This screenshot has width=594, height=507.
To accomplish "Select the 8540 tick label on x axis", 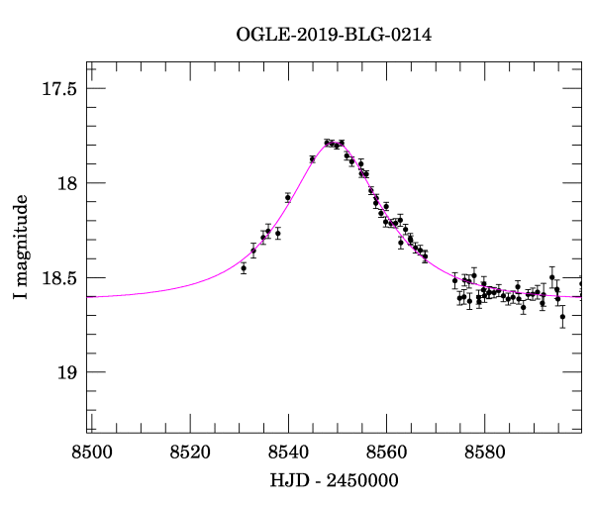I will [288, 453].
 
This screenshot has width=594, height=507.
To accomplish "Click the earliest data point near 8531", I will [244, 268].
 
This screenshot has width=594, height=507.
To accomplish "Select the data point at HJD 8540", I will [288, 198].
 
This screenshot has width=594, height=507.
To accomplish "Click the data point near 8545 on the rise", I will [312, 159].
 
